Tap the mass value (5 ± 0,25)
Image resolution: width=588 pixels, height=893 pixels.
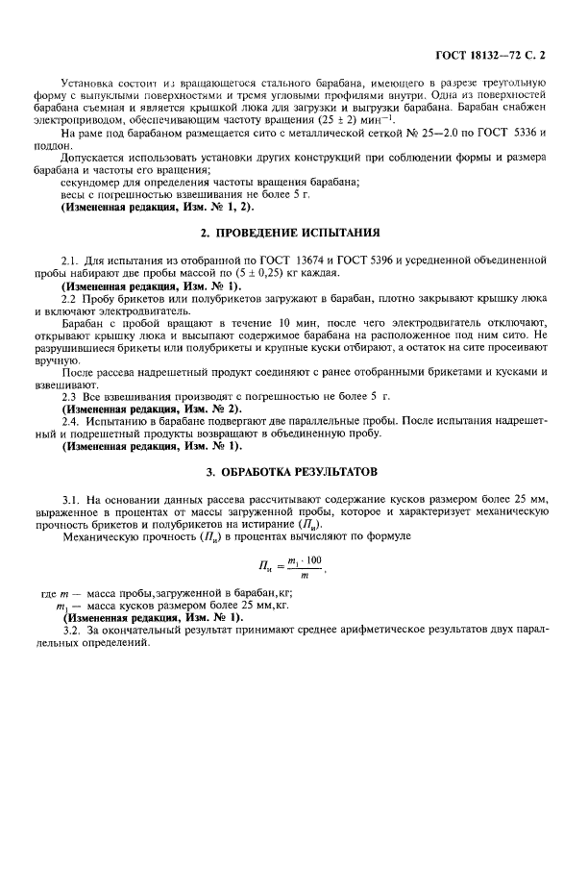click(222, 274)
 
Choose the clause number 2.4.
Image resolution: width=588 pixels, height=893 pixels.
click(67, 424)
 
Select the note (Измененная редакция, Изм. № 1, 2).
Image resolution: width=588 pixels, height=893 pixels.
click(150, 207)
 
